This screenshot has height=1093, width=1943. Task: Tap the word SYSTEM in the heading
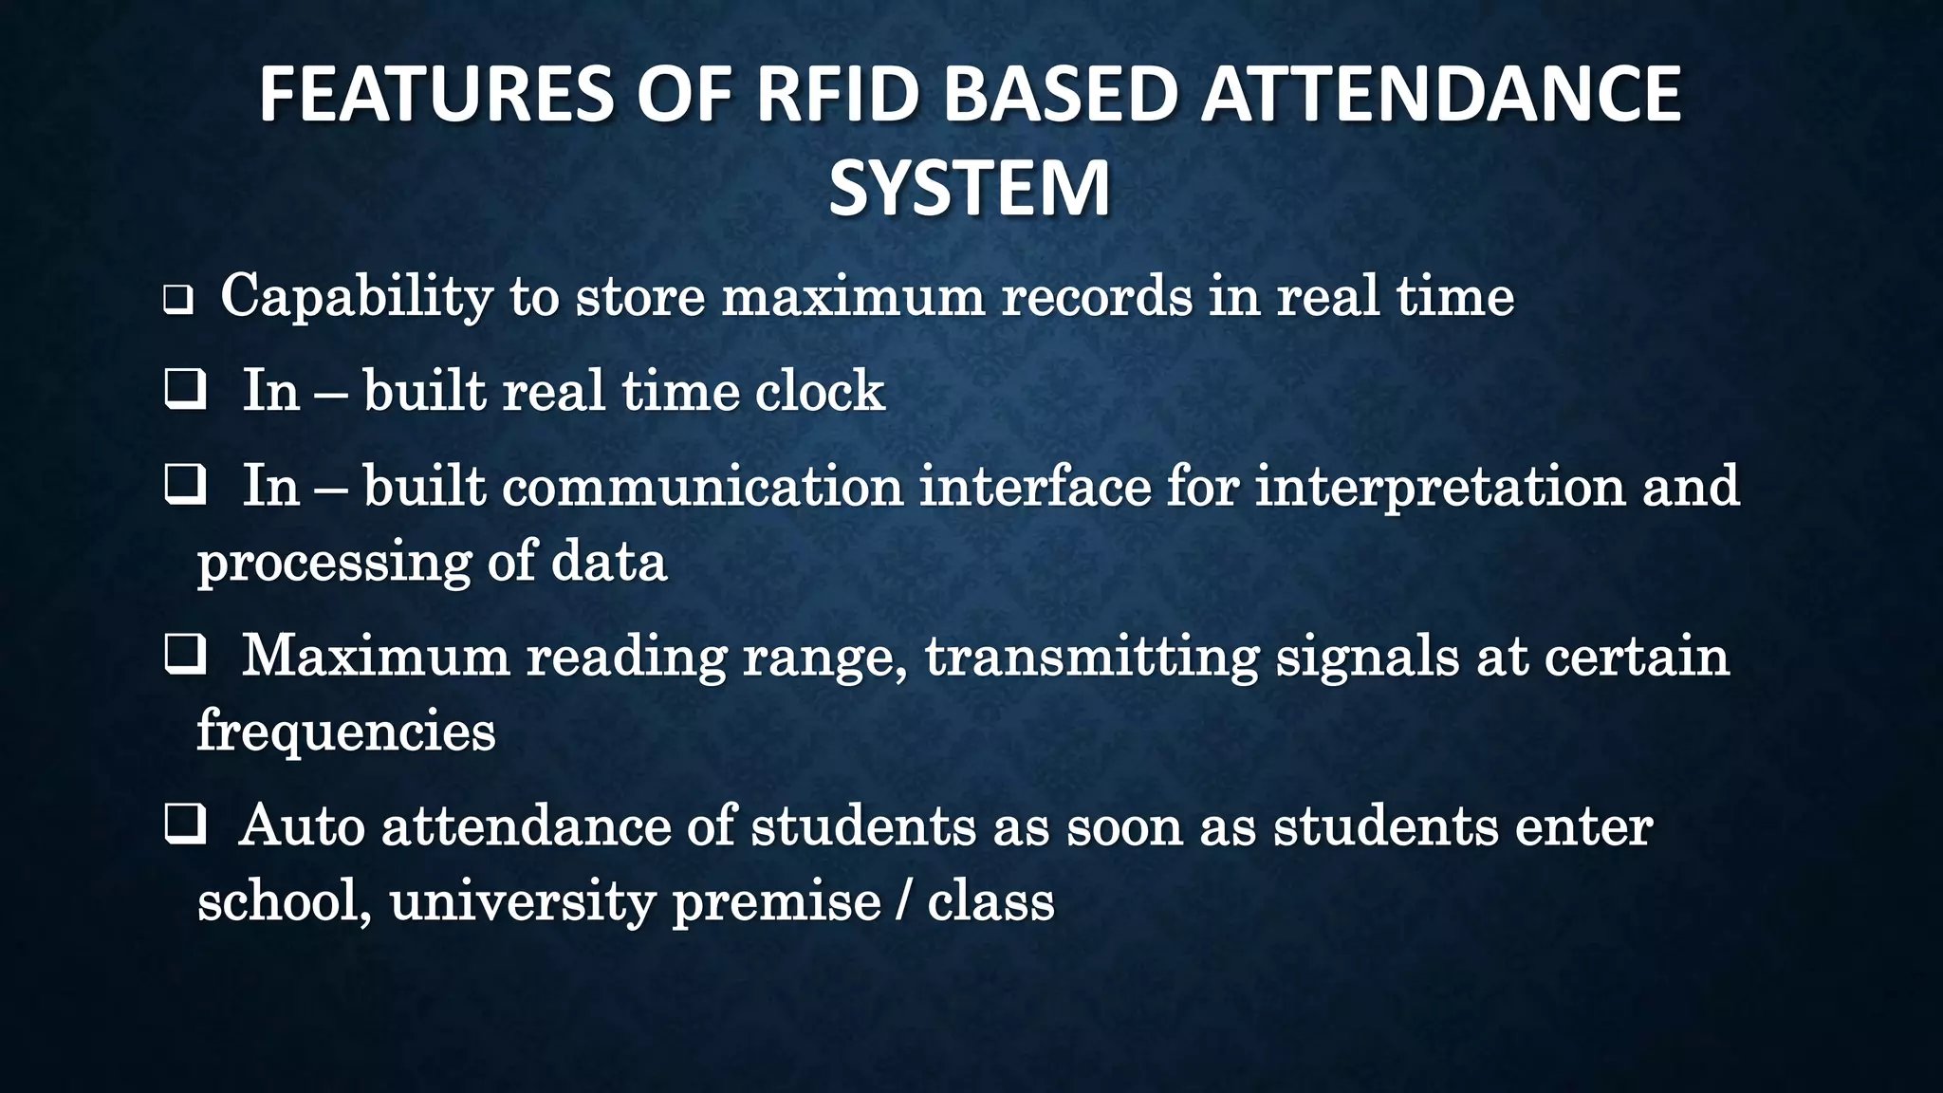pos(970,189)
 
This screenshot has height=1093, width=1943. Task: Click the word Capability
pos(356,297)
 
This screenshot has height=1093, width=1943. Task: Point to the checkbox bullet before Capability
pos(177,301)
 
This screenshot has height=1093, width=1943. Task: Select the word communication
pos(702,487)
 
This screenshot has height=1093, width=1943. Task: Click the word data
pos(609,561)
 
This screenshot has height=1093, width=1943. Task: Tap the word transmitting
pos(1092,658)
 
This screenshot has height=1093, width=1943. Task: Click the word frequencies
pos(345,732)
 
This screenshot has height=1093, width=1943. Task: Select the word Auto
pos(302,825)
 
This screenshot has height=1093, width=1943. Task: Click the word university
pos(522,901)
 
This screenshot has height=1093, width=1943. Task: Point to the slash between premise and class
pos(902,901)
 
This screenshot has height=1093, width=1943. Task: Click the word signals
pos(1367,658)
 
